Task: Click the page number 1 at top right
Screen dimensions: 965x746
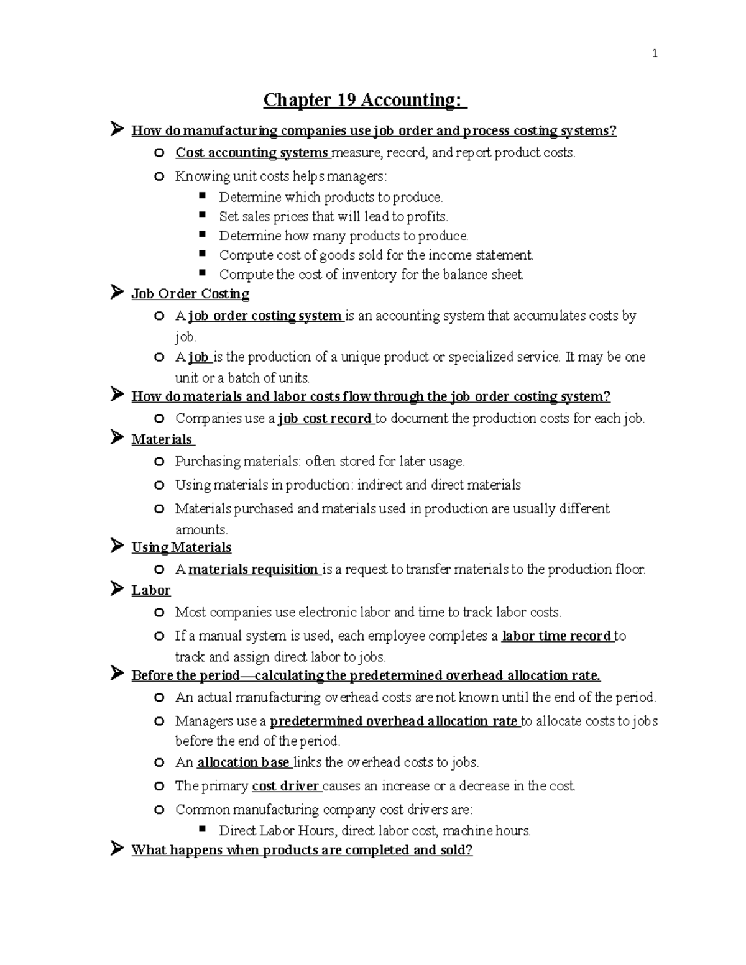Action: (x=654, y=54)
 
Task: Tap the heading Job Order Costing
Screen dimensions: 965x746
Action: (x=190, y=293)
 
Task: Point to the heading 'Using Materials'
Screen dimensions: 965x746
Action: (x=181, y=547)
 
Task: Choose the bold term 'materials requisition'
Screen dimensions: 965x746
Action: (x=253, y=569)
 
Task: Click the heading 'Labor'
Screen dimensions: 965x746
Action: (x=150, y=590)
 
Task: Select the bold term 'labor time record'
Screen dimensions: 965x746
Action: (x=556, y=636)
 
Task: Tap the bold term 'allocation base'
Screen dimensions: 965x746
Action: (x=243, y=762)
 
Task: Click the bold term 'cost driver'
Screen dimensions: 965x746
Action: (x=285, y=786)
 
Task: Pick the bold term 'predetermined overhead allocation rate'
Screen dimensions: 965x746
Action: (x=394, y=721)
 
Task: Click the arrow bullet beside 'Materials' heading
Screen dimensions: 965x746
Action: (x=116, y=438)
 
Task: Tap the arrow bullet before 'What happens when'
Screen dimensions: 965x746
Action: (x=116, y=849)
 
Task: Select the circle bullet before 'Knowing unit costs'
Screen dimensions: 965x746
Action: (x=160, y=176)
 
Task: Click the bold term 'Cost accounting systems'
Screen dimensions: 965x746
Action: (x=251, y=153)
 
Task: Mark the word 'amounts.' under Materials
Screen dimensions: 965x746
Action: (x=201, y=530)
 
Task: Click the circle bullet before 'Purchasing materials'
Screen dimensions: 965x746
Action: (x=160, y=462)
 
